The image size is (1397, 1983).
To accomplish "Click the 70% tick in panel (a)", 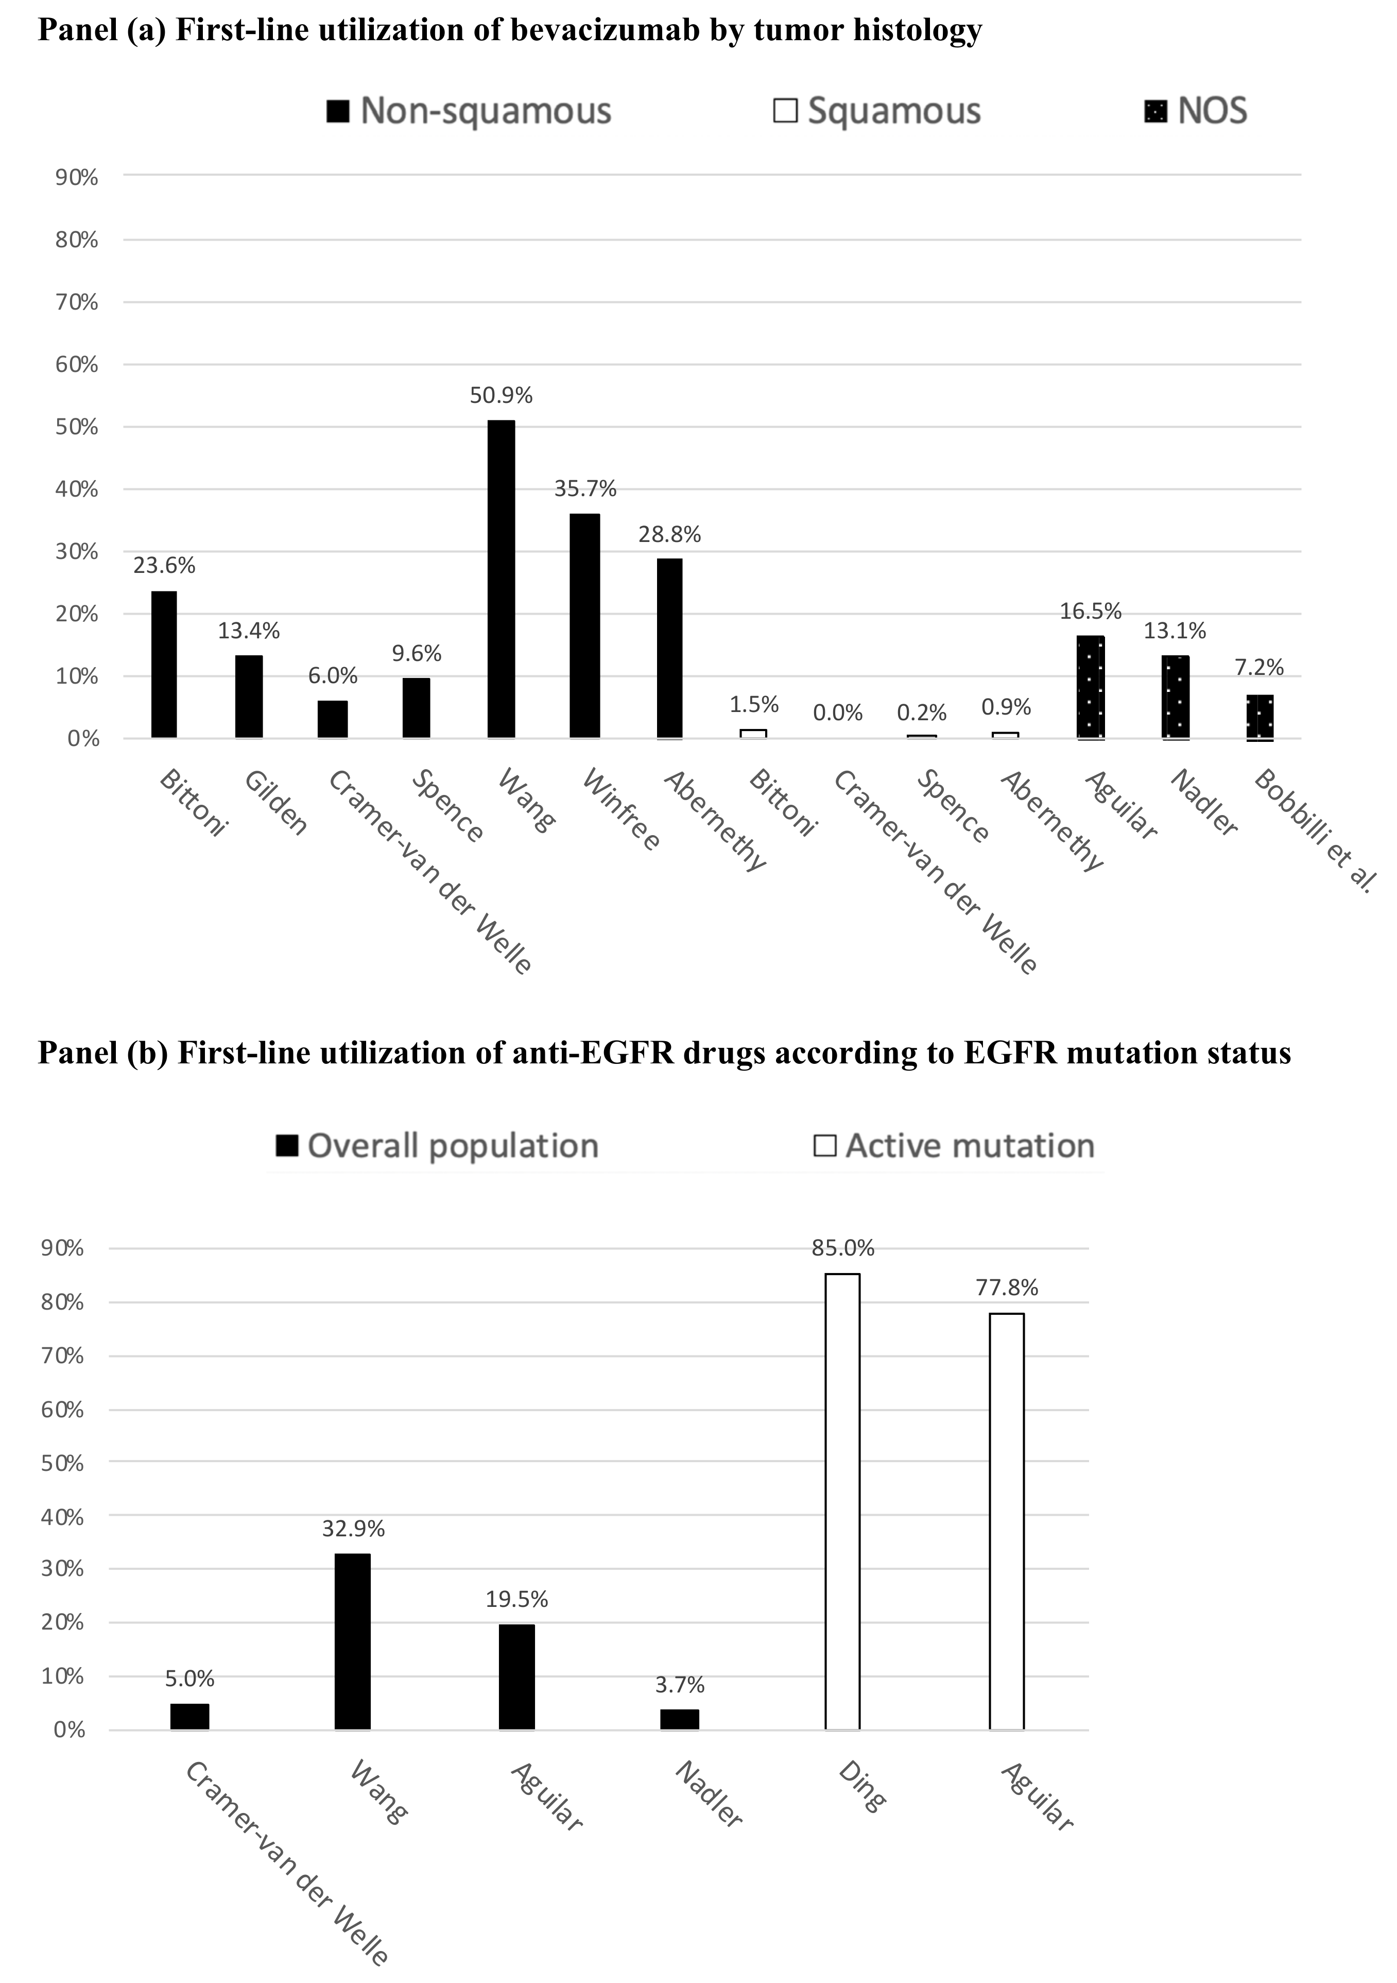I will pos(77,302).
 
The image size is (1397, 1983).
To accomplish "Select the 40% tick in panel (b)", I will pos(63,1517).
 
